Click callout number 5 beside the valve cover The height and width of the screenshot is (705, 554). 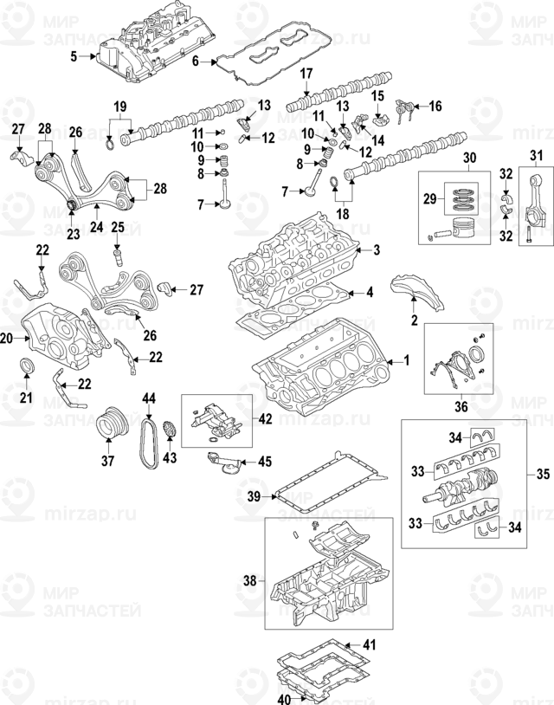74,57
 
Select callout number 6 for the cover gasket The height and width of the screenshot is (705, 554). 196,61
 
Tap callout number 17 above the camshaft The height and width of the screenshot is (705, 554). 306,75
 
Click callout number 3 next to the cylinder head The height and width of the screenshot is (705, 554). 377,227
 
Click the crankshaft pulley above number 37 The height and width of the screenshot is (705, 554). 110,424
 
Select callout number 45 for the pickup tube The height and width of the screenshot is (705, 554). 264,461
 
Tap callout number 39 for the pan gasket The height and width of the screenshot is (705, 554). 253,497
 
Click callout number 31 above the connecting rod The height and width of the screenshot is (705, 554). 534,156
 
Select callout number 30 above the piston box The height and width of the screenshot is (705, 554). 470,159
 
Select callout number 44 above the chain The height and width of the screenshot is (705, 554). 149,398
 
